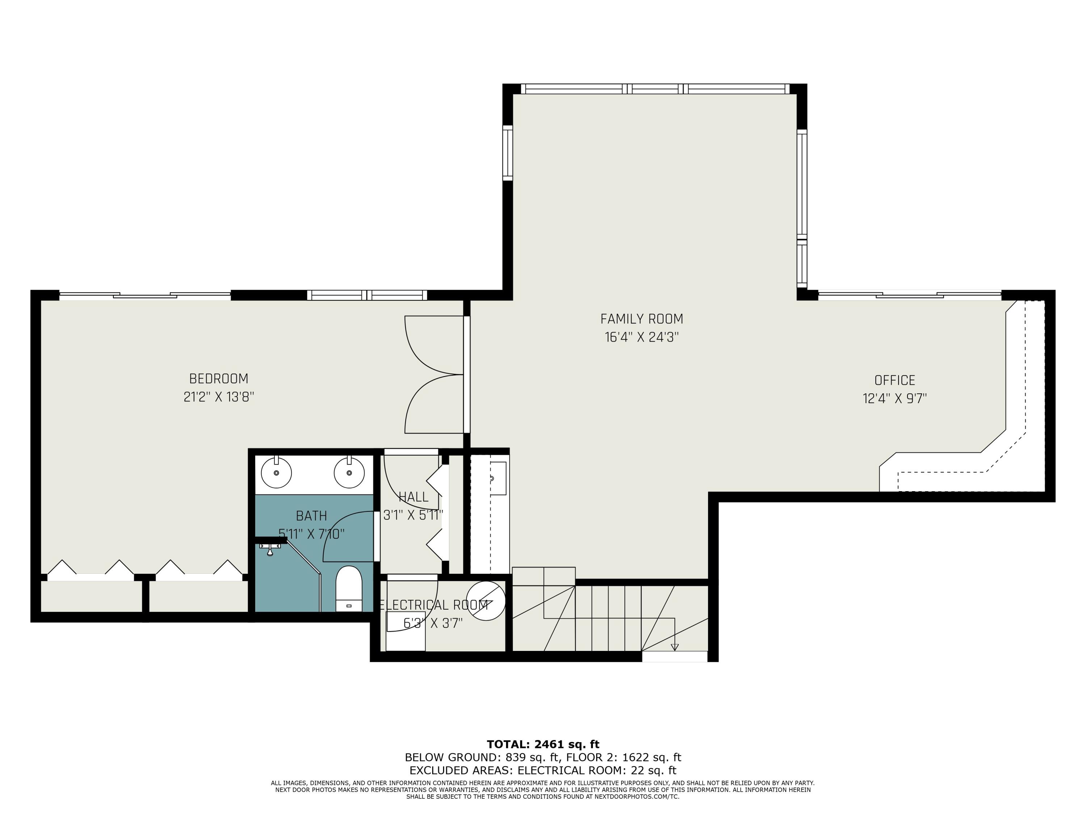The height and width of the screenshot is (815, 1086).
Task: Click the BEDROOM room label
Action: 219,379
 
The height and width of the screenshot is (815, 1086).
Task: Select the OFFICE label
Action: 895,380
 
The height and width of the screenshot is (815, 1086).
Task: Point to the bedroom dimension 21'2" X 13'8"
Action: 219,397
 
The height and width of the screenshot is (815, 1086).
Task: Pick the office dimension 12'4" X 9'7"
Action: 895,398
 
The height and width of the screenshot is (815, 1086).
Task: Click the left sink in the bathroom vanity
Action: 277,473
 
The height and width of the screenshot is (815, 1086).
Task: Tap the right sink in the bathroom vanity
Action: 349,473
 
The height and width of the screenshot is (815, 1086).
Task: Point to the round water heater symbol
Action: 485,601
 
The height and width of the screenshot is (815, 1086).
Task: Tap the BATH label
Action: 311,516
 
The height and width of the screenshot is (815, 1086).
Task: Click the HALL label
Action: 413,497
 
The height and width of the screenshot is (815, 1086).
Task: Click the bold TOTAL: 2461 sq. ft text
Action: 543,744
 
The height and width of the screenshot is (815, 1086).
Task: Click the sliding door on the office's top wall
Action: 909,295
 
